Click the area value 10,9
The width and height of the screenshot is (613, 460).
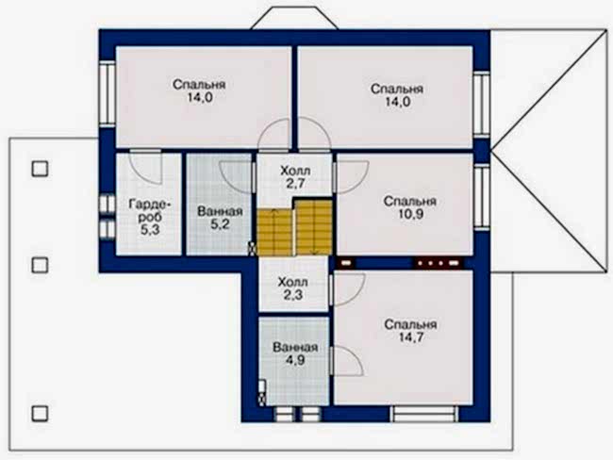point(409,214)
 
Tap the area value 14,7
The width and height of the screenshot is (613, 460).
point(411,337)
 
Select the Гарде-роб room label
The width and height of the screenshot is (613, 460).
point(150,217)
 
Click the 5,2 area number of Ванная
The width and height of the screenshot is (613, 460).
point(220,224)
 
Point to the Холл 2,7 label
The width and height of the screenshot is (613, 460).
point(295,176)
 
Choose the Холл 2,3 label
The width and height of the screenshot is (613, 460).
point(292,288)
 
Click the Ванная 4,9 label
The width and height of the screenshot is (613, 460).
point(295,353)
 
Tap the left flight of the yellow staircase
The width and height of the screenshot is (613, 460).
point(274,233)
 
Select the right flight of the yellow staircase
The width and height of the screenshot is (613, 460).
point(313,227)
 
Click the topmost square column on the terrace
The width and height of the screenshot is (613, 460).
point(40,169)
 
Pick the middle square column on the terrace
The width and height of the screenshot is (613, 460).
point(40,265)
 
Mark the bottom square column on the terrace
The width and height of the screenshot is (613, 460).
point(40,414)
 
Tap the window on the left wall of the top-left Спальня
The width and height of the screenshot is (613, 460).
point(107,94)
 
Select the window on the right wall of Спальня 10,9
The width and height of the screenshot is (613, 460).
point(482,197)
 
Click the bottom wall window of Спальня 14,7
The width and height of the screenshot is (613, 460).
point(423,414)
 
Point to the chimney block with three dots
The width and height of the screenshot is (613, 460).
point(438,263)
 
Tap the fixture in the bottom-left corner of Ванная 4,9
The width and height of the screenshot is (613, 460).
point(263,392)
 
